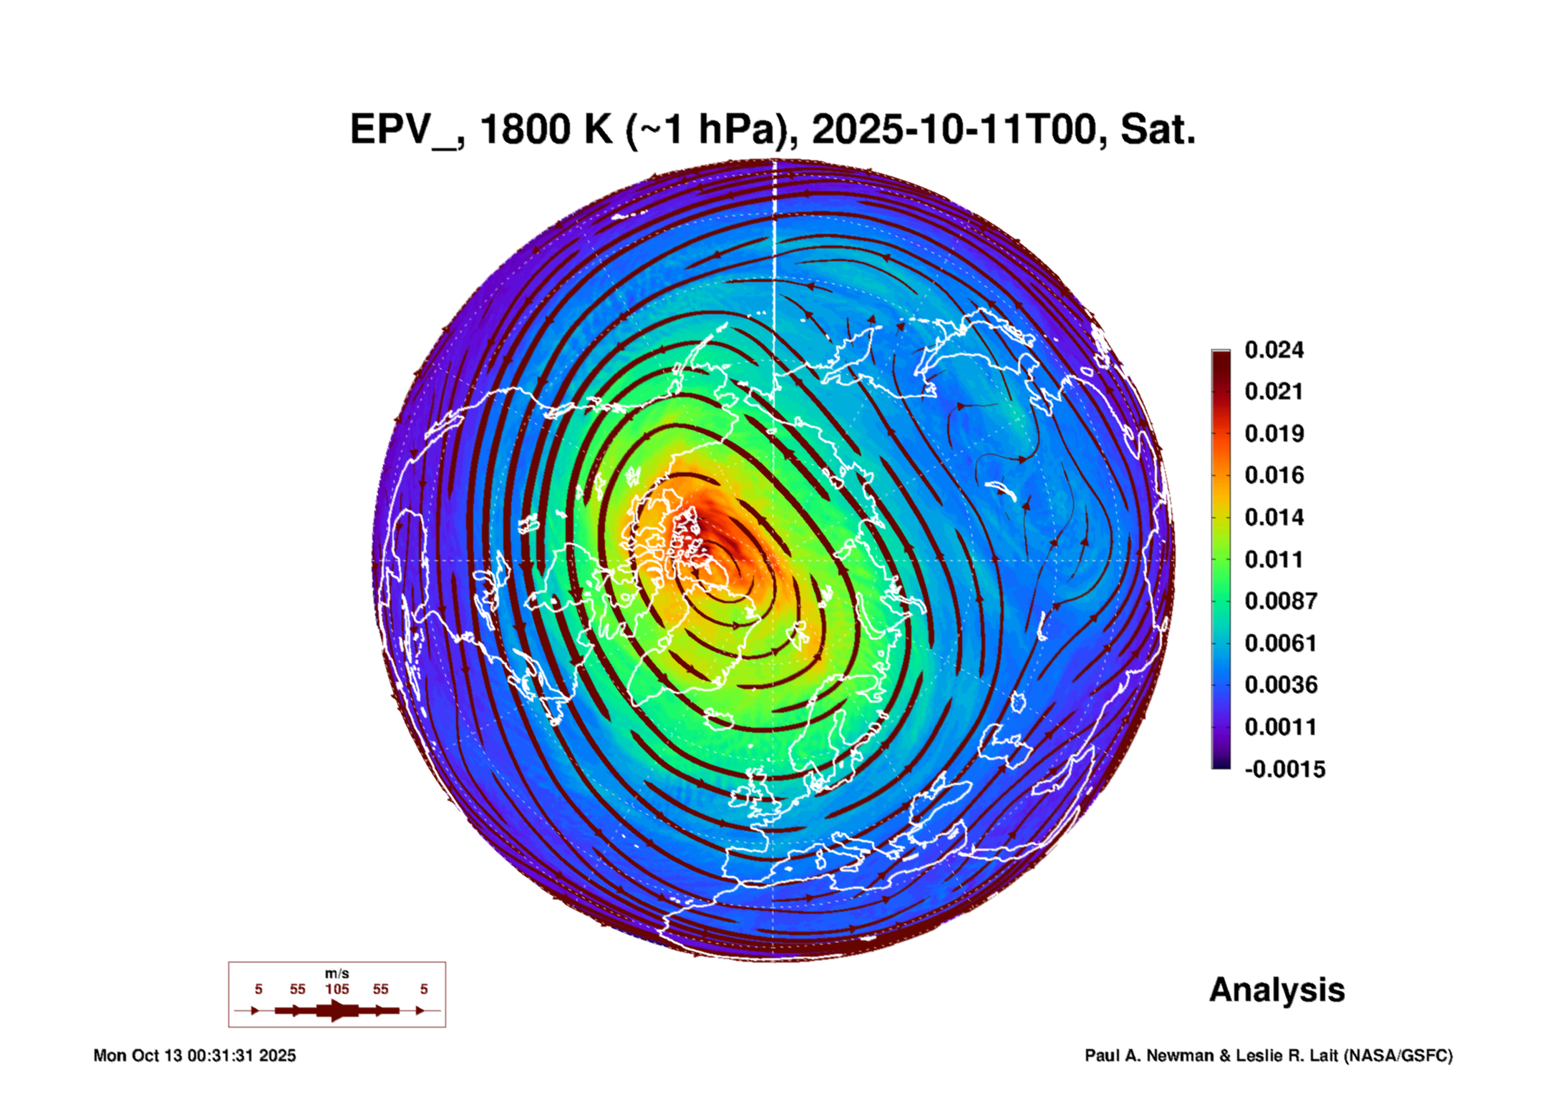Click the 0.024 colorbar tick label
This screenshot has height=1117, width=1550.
tap(1274, 350)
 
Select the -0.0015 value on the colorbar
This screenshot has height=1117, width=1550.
tap(1285, 769)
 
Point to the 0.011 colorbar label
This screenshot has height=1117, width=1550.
tap(1274, 560)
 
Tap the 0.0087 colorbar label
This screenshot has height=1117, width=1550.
tap(1281, 601)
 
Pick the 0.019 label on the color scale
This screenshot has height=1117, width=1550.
tap(1274, 434)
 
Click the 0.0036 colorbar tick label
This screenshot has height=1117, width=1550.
tap(1281, 685)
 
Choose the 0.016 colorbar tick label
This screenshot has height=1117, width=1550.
tap(1274, 475)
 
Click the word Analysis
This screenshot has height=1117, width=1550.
tap(1277, 990)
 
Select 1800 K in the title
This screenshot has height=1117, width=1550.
tap(546, 130)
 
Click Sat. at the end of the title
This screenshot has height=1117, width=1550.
tap(1158, 130)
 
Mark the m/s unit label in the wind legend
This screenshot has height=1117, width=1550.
tap(336, 974)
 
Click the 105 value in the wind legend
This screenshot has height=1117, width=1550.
tap(336, 989)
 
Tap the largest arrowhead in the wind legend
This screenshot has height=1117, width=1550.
tap(338, 1010)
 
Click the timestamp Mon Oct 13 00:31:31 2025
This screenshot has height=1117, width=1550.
tap(195, 1055)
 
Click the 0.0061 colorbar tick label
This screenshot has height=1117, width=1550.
tap(1281, 643)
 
